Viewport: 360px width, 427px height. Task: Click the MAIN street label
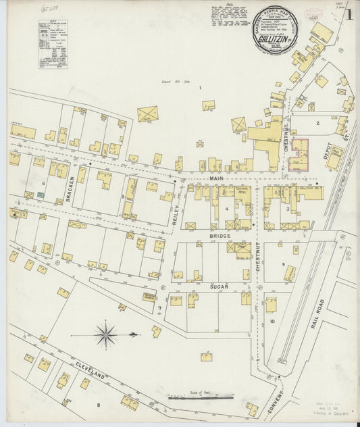coord(216,178)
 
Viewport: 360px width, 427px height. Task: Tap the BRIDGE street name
coord(220,236)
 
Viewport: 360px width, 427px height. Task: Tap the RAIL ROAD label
coord(317,313)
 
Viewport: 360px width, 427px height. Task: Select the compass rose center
coord(106,334)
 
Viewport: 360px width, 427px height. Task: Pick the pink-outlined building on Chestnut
coord(298,155)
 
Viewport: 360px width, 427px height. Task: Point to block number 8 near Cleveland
coord(98,405)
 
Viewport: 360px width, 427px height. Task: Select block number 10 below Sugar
coord(273,322)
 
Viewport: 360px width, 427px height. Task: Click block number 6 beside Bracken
coord(43,183)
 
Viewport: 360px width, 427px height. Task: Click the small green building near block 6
coord(41,195)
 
